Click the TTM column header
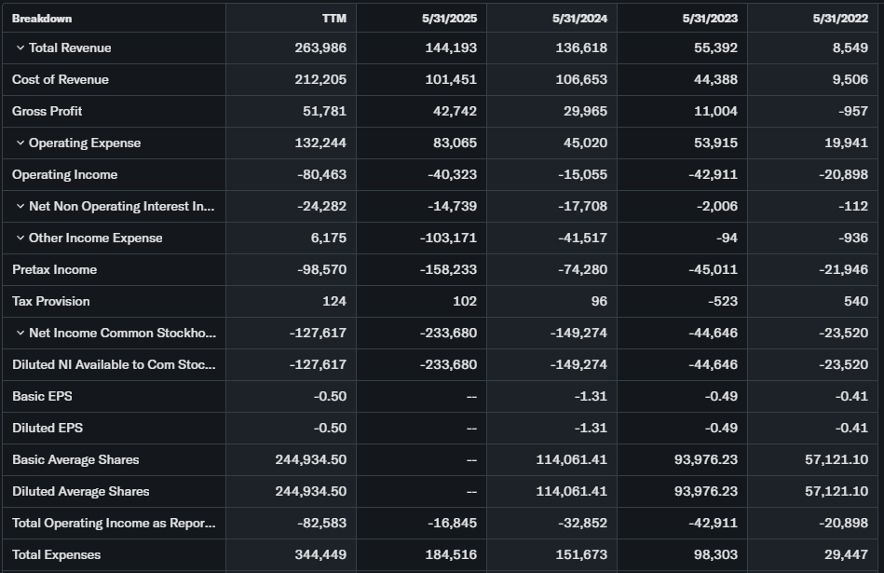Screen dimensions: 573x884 333,18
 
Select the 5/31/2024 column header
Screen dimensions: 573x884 579,18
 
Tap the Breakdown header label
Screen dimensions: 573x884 42,18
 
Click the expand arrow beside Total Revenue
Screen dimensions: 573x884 20,48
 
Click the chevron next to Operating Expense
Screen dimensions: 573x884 20,143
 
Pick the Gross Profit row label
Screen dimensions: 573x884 48,111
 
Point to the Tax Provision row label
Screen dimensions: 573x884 51,301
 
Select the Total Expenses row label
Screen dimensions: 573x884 57,554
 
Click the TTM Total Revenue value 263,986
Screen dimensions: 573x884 320,48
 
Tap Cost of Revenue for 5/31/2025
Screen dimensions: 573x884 451,79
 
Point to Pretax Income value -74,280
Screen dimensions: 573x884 581,269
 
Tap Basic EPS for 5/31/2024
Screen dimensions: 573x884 592,396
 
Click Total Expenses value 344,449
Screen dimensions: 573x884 320,554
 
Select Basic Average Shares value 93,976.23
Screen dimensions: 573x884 705,459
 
